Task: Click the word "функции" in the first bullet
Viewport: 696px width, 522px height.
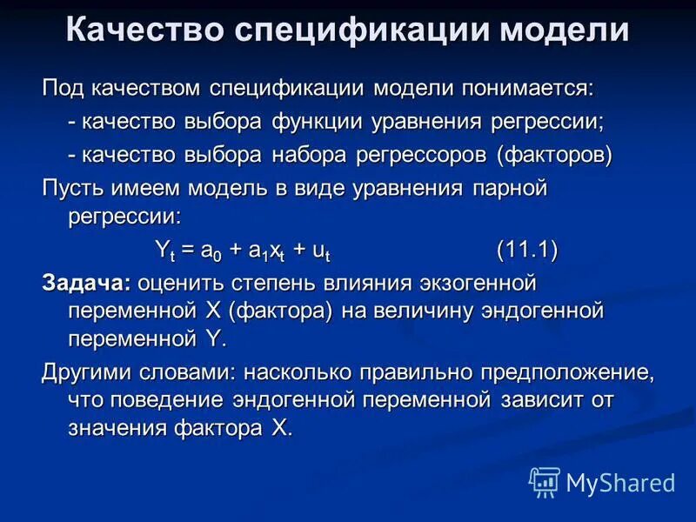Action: (x=318, y=121)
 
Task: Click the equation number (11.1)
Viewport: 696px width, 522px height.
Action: (x=527, y=250)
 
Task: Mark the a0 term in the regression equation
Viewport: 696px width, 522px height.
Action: (x=211, y=251)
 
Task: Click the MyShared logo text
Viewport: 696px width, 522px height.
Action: (x=620, y=481)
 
